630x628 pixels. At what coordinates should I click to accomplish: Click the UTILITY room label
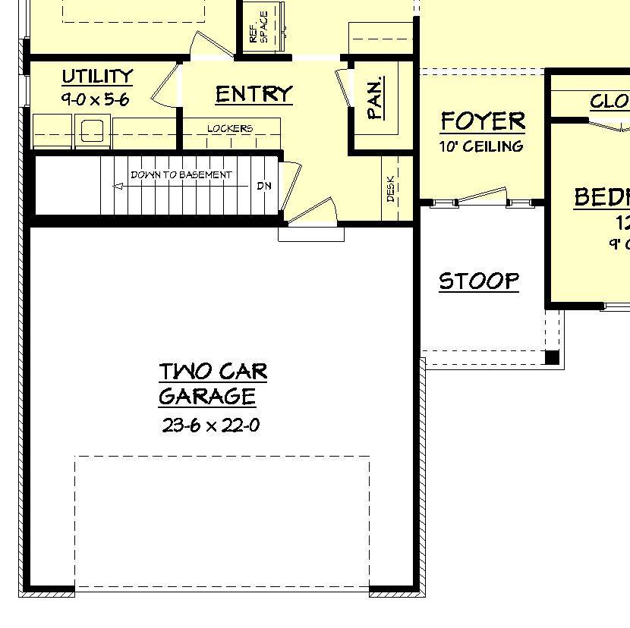97,77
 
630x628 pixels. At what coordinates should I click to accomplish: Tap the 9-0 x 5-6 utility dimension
97,98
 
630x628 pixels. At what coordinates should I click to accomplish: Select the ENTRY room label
254,94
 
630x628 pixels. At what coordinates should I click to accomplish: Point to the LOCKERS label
230,128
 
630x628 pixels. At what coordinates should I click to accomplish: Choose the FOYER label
483,121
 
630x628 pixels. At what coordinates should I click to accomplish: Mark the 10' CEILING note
481,146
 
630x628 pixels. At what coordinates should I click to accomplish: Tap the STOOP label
479,281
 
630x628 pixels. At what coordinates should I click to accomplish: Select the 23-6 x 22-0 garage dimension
211,425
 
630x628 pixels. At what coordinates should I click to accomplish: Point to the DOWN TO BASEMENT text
181,175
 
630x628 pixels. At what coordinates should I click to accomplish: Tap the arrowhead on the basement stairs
118,185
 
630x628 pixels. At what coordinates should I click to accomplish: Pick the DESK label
391,188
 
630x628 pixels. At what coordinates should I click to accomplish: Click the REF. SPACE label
259,27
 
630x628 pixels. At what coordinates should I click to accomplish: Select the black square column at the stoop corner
553,357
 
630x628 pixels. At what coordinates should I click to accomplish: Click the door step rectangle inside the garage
311,234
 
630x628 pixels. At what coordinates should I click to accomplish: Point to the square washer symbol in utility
93,130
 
